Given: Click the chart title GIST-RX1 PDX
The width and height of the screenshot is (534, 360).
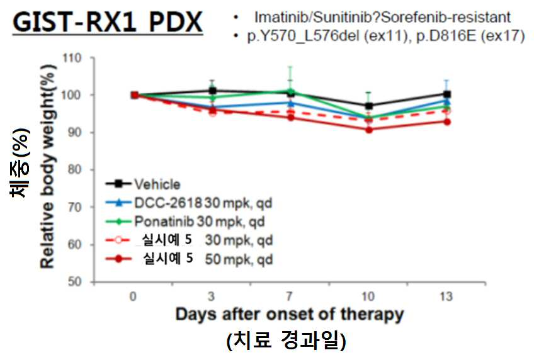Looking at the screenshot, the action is click(108, 22).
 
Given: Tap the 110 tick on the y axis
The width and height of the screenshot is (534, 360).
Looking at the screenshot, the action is click(72, 58).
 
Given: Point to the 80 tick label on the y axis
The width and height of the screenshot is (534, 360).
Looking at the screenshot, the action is click(74, 169).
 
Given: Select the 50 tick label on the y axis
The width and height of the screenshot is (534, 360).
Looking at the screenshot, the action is click(74, 282).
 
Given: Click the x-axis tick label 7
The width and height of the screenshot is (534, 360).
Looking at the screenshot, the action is click(290, 296).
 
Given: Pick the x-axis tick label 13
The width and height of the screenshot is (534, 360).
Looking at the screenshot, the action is click(446, 296).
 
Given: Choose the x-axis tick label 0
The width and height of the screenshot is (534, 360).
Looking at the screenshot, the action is click(133, 296).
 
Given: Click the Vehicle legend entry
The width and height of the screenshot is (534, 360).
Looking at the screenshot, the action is click(143, 184).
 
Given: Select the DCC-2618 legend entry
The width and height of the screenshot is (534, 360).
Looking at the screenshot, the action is click(189, 203).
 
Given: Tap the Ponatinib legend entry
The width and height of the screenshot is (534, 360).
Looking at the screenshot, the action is click(185, 222).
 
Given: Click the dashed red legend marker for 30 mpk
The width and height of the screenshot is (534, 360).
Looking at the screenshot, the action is click(118, 240).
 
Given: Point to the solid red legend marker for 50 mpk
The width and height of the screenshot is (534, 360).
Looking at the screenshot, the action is click(118, 259).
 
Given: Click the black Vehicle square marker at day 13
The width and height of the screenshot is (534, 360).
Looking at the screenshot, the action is click(447, 94).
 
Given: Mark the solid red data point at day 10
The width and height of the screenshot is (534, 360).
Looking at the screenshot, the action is click(369, 130).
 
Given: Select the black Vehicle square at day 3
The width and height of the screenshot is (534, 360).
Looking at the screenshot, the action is click(212, 91).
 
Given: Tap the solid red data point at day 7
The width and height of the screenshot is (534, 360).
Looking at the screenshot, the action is click(290, 118).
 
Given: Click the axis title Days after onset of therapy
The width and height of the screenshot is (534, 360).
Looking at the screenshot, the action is click(290, 315).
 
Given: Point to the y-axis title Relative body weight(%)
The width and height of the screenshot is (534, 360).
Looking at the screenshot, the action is click(48, 166).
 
